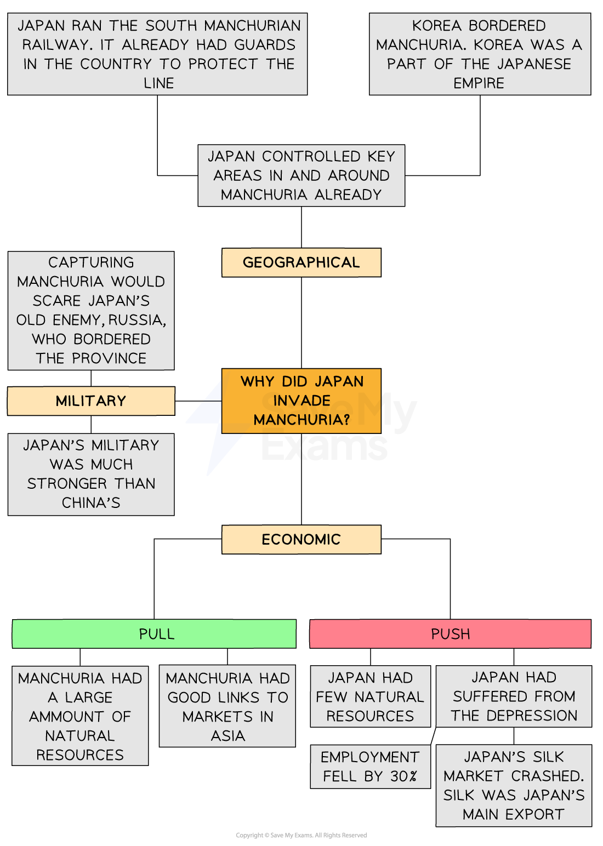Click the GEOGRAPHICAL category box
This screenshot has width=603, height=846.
301,262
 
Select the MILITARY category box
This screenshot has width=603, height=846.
91,401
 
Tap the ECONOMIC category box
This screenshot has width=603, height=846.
301,540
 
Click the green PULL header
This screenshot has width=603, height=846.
154,634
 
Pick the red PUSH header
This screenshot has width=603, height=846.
450,634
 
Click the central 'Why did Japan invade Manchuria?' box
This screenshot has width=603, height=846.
301,401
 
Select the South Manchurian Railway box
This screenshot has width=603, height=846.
157,54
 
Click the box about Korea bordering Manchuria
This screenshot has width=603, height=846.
480,54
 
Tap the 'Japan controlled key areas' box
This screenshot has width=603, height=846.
301,175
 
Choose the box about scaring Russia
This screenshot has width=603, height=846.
91,310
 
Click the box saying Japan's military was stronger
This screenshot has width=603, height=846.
91,474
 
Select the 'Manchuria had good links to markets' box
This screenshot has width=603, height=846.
227,706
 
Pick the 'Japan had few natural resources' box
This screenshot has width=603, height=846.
370,696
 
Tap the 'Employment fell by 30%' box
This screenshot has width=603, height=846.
370,767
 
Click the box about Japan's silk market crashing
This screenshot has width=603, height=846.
514,785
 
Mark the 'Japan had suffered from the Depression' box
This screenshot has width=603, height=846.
514,696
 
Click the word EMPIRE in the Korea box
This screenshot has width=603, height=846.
479,83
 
